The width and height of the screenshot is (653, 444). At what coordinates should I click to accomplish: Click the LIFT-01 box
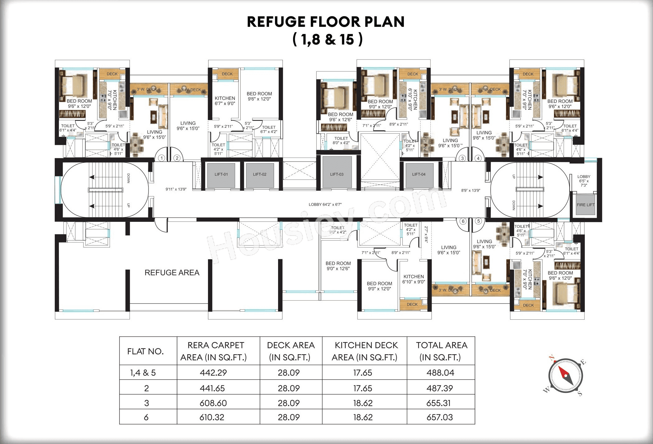point(221,175)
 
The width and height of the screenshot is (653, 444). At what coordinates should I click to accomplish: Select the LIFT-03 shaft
point(337,173)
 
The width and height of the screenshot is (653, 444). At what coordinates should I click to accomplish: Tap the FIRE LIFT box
point(585,205)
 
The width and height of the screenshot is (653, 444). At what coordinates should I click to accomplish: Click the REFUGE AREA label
point(172,273)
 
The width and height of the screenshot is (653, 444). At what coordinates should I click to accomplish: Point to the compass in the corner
point(565,375)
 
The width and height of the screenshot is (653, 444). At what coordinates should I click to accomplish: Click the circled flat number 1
point(161,158)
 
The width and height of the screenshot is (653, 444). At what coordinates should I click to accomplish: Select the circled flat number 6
point(463,221)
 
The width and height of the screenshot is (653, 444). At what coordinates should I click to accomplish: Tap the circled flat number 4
point(478,158)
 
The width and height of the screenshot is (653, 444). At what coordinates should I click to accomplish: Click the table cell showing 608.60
point(213,403)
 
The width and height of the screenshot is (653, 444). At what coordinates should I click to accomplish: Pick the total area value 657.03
point(439,417)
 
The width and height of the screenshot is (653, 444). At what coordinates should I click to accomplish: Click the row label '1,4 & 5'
point(143,373)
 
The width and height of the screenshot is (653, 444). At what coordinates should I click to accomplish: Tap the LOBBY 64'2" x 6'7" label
point(325,205)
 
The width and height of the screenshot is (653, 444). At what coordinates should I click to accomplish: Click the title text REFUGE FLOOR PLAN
point(326,22)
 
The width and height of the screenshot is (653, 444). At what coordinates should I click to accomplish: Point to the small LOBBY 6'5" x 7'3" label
point(584,181)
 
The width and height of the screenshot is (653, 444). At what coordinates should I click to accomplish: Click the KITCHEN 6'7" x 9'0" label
point(225,101)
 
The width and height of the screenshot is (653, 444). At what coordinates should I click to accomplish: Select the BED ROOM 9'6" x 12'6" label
point(340,117)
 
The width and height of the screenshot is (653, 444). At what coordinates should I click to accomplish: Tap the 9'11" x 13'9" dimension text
point(176,189)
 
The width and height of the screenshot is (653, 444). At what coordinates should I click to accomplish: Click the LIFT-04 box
point(419,174)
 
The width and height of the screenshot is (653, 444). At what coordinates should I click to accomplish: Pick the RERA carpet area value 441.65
point(212,388)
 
